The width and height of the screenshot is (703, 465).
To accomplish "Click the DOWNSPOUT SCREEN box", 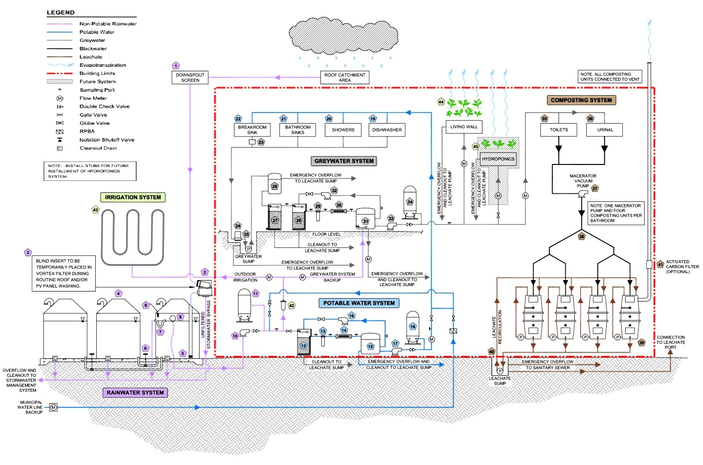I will coord(190,77).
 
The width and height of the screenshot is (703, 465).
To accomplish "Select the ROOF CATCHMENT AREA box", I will coord(345,77).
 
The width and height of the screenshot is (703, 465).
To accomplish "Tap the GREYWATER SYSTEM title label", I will coord(344,161).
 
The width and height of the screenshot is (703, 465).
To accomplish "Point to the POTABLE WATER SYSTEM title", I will coord(359,303).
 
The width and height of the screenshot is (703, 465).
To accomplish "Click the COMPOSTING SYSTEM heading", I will coord(581,100).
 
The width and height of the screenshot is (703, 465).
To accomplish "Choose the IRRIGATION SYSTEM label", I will coord(133,197).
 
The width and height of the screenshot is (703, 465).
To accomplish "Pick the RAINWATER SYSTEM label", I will coord(135,393).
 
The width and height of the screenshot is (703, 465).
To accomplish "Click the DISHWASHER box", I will coord(387,130).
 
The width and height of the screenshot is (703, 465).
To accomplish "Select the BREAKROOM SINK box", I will coord(252,130).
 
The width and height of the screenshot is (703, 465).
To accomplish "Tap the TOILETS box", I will coord(559,130).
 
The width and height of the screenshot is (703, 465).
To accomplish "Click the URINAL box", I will coord(605,130).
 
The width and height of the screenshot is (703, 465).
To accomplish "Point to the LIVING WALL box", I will coord(464,127).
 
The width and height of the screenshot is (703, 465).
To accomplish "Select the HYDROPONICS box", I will coord(498,159).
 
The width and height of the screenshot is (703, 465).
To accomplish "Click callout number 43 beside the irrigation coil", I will coord(95,210).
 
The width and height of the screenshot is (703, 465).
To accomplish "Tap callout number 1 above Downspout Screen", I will coord(176,66).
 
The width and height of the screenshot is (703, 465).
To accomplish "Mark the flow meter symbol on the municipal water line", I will coord(54,408).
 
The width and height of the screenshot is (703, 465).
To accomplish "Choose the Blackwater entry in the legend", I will coord(93,49).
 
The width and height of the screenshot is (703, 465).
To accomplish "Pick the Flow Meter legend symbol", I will coord(60,99).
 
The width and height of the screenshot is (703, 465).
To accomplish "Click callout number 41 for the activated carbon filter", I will coord(660,265).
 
